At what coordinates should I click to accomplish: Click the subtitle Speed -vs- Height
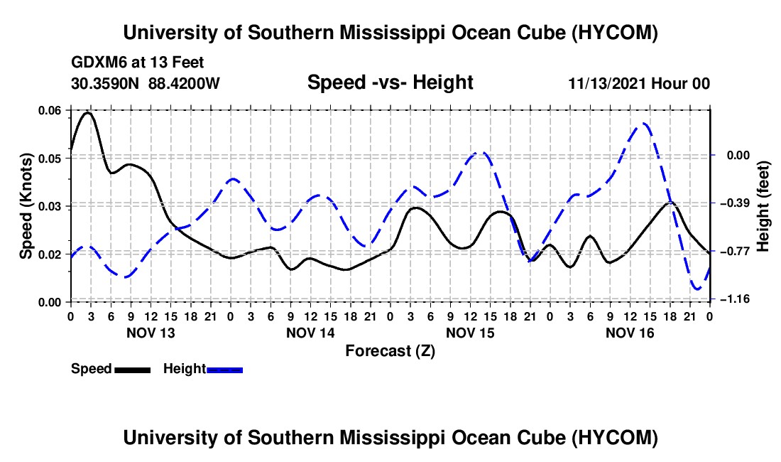[390, 82]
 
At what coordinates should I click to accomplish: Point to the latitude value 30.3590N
[105, 83]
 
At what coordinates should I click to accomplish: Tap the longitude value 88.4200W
[184, 83]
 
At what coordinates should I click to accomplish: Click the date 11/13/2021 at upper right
[608, 83]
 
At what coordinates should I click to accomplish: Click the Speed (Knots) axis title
[26, 206]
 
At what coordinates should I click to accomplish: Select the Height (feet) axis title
[763, 206]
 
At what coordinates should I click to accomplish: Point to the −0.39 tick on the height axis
[735, 203]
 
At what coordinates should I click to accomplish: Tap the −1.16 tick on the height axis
[735, 299]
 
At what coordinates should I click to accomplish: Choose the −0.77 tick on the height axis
[735, 251]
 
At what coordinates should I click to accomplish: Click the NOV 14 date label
[310, 333]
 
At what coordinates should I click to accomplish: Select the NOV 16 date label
[630, 333]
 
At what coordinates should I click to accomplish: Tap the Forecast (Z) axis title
[390, 351]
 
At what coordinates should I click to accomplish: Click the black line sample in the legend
[133, 370]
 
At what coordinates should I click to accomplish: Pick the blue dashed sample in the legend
[224, 370]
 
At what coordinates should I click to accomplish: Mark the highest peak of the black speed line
[88, 112]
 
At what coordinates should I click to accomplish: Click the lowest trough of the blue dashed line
[697, 289]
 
